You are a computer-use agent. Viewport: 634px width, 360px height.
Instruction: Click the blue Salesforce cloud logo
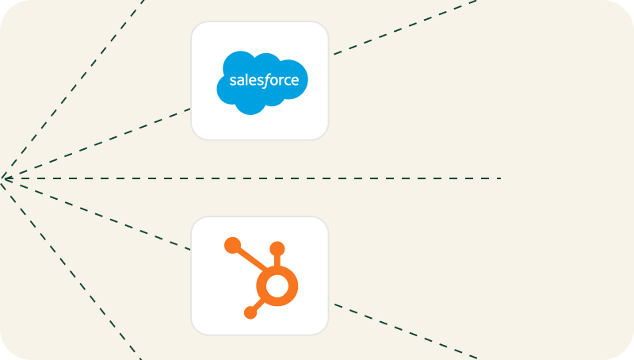tap(262, 82)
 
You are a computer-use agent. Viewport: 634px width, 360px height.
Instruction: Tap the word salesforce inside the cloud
tap(264, 80)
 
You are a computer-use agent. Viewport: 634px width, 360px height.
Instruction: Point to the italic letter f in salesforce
tap(265, 81)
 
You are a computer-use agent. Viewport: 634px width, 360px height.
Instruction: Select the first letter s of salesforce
tap(232, 81)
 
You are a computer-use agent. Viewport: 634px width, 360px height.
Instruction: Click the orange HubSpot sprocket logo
tap(262, 278)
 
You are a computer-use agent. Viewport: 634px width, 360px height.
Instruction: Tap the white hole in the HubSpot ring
tap(277, 286)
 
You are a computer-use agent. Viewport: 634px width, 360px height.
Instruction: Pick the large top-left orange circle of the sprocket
tap(232, 246)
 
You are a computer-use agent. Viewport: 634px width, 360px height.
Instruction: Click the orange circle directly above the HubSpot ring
tap(277, 249)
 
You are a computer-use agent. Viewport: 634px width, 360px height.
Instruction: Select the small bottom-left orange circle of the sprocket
tap(250, 312)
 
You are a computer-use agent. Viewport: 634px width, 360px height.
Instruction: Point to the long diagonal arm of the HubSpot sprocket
tap(251, 259)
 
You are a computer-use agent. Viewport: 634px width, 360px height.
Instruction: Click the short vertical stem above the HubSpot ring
tap(277, 261)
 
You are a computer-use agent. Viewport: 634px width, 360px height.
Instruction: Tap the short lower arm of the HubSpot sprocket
tap(259, 304)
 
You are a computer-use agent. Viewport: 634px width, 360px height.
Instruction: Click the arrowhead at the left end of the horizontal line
tap(6, 178)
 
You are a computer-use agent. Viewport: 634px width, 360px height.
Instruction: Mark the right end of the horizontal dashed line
tap(502, 178)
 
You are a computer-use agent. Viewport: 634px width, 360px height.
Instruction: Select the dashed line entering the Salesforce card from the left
tap(96, 144)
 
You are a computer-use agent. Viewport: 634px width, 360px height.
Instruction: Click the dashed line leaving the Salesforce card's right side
tap(406, 27)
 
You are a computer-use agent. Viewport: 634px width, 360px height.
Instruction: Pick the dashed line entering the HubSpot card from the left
tap(96, 214)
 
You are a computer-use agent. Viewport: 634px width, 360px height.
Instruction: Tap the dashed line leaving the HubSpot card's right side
tap(406, 331)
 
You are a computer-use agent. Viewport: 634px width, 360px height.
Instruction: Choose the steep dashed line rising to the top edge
tap(73, 89)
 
